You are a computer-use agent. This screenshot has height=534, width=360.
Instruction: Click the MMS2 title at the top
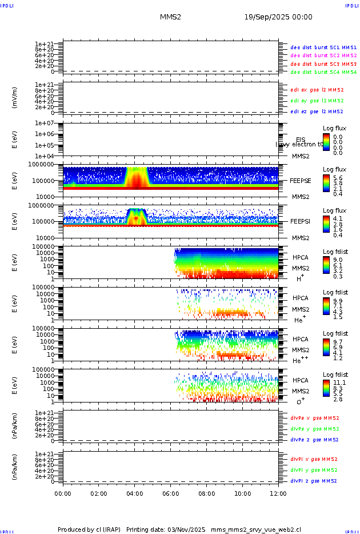[170, 17]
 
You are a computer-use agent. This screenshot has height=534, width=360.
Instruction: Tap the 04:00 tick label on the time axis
[135, 493]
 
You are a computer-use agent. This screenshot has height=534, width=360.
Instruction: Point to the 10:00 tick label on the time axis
[243, 493]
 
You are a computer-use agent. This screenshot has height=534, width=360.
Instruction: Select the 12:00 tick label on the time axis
[278, 493]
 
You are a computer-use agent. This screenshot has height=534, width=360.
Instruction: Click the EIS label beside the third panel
[301, 140]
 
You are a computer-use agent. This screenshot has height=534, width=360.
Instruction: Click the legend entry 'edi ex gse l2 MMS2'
[317, 90]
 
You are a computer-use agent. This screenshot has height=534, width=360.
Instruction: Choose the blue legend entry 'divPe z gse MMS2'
[314, 440]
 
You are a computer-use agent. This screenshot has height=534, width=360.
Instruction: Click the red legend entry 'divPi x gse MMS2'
[314, 459]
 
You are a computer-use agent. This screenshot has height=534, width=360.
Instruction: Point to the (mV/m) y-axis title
[15, 98]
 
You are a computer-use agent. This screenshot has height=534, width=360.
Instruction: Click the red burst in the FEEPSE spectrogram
[137, 180]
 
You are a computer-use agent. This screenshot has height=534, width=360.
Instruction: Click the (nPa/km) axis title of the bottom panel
[15, 467]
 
